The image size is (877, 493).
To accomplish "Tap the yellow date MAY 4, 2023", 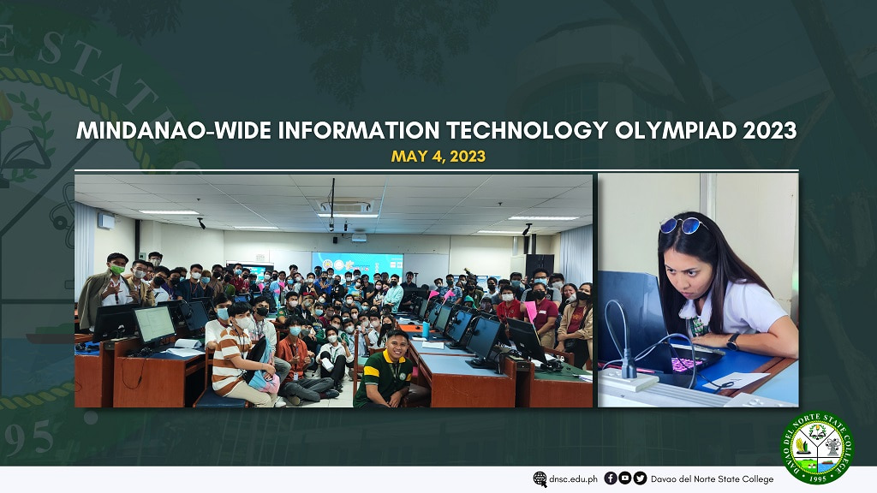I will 438,157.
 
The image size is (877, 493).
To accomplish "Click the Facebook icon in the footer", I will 611,478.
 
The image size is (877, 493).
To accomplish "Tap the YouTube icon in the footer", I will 625,478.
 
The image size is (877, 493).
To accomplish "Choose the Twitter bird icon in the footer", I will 640,478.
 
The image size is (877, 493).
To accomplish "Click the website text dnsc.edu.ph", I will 572,479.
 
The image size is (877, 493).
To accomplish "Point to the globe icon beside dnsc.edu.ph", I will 540,479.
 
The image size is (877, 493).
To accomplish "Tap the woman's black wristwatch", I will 733,341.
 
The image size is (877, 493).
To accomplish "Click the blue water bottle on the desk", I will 426,329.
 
